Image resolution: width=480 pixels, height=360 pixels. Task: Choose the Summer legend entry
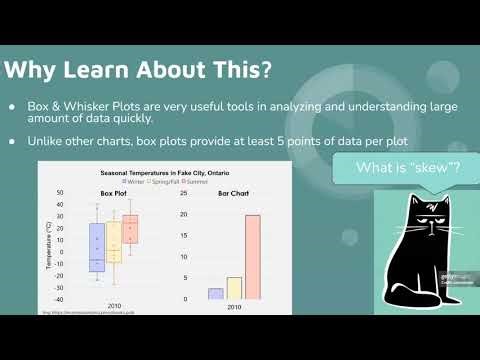[194, 180]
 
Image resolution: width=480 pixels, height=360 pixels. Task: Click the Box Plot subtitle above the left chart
[113, 192]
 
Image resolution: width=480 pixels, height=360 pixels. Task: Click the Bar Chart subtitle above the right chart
[234, 192]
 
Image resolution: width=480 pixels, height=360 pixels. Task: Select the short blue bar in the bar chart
[215, 294]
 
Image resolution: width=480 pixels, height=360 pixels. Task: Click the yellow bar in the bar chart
[234, 288]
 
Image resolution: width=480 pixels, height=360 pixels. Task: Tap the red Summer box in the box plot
[130, 229]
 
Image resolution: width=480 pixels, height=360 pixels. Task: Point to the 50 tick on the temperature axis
[59, 193]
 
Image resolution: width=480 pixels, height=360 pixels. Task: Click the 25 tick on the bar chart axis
[183, 193]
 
